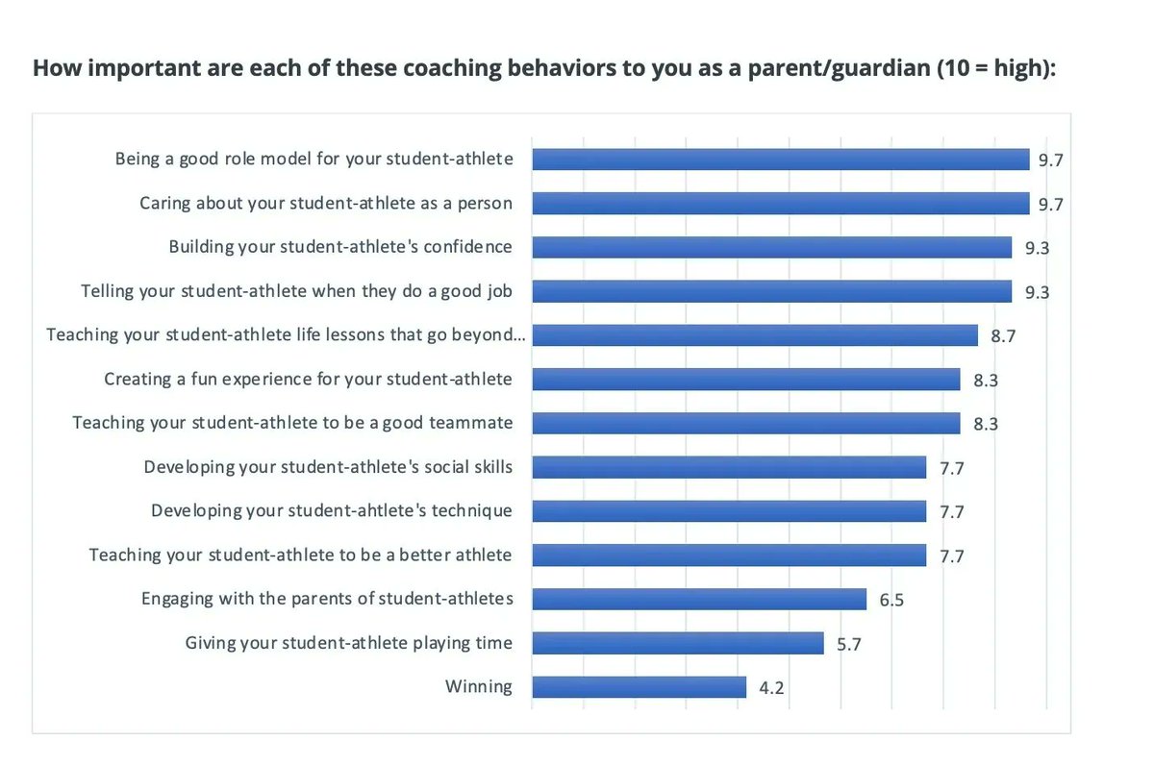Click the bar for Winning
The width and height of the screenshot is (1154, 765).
[x=639, y=687]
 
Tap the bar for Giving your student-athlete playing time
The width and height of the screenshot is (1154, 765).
[x=678, y=643]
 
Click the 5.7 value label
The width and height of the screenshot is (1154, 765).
[x=849, y=644]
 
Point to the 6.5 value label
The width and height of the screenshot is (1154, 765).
[x=891, y=600]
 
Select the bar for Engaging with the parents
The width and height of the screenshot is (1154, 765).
[x=699, y=599]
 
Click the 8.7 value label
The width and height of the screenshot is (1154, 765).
[x=1003, y=335]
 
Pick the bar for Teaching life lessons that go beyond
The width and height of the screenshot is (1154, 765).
[x=755, y=334]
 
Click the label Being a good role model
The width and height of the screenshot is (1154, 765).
[x=314, y=159]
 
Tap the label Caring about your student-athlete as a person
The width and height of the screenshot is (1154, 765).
[x=326, y=203]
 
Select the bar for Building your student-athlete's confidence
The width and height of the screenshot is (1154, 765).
[x=771, y=247]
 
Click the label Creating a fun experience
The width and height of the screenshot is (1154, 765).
[x=308, y=379]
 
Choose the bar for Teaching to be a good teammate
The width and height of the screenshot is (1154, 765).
[x=745, y=423]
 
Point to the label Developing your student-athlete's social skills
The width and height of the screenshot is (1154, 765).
[x=328, y=467]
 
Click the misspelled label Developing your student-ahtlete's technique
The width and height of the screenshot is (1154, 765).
[x=332, y=510]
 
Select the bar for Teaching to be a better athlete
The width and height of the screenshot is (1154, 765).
[x=729, y=555]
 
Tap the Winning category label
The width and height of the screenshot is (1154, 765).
[x=478, y=686]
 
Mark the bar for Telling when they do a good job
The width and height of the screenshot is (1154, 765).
[x=771, y=291]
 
